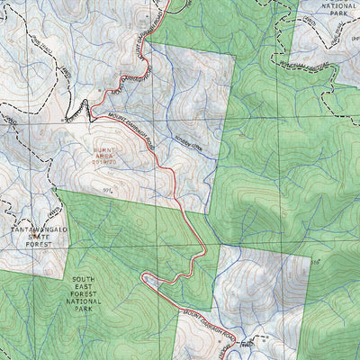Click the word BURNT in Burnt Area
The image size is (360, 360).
coord(104,150)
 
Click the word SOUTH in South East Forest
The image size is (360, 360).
coord(83,280)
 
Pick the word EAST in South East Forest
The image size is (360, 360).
coord(83,287)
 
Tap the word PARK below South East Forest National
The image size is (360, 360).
coord(83,309)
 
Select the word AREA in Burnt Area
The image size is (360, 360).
coord(104,157)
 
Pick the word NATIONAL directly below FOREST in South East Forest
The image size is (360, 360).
coord(83,301)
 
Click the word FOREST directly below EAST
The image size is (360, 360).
coord(83,294)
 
